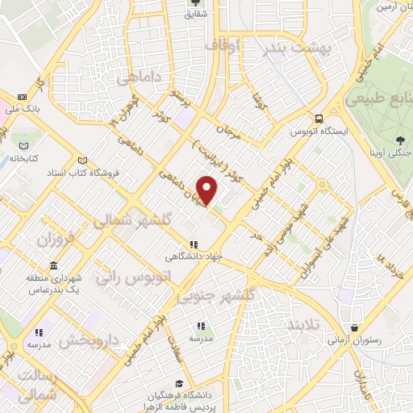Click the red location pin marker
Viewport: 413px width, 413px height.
point(208,190)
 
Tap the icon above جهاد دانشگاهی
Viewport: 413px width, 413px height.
point(193,244)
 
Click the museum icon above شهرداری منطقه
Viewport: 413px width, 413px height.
point(53,266)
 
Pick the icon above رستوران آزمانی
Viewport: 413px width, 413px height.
point(356,327)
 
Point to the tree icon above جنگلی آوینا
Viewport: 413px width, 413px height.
point(401,140)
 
